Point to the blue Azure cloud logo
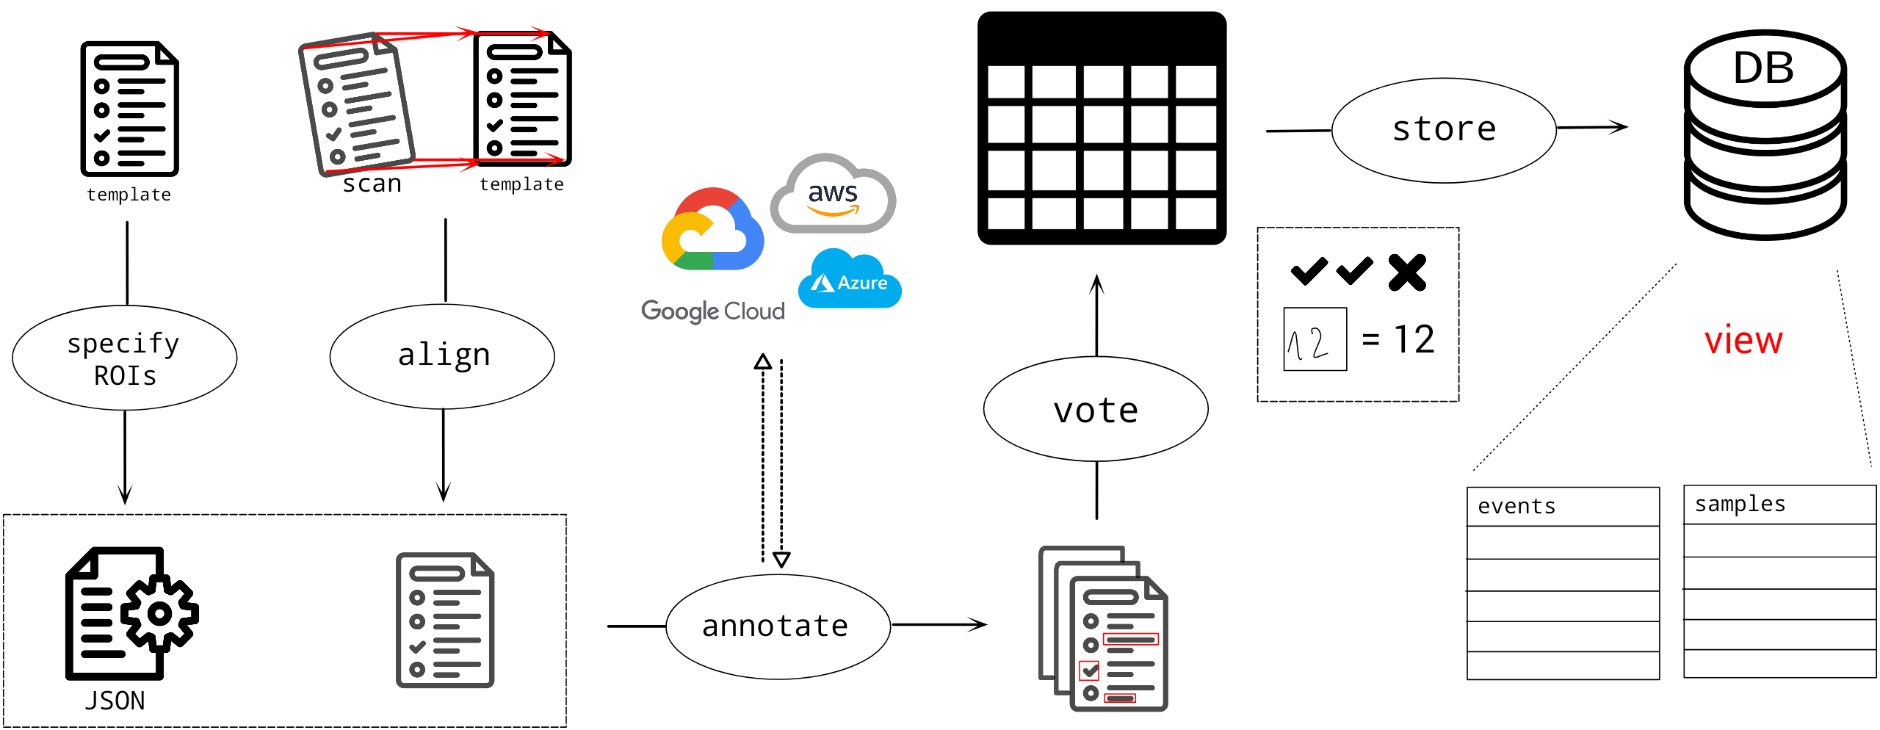(x=850, y=278)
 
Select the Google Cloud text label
(x=713, y=311)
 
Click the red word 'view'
(x=1743, y=341)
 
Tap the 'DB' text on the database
(x=1763, y=68)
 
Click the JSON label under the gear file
(x=115, y=701)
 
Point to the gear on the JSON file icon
(x=159, y=613)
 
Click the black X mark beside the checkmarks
(x=1407, y=272)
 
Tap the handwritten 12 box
(x=1315, y=339)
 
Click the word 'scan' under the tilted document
(x=372, y=184)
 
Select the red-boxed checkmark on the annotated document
(x=1090, y=671)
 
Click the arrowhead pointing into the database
(x=1618, y=127)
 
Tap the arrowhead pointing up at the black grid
(x=1097, y=284)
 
